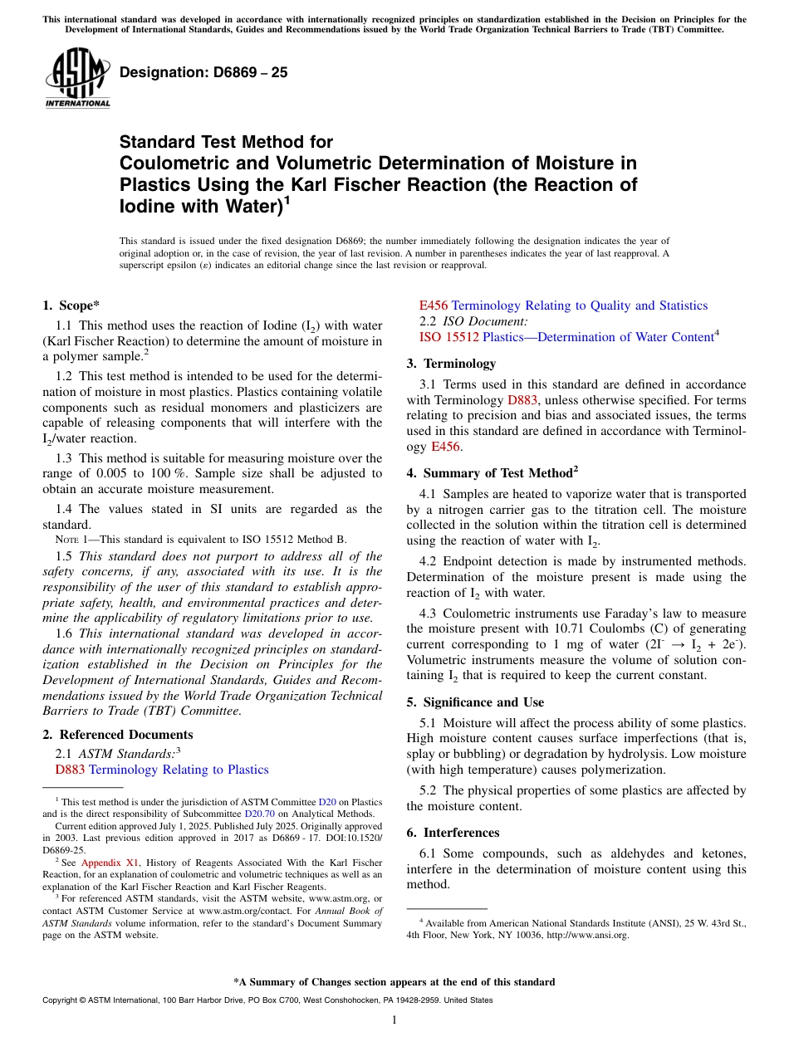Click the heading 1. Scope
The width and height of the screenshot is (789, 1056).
pos(71,306)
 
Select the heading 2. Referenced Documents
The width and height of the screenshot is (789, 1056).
pos(118,735)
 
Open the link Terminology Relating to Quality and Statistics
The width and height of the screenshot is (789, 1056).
pos(579,306)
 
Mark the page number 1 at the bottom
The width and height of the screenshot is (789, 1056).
pos(394,1019)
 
